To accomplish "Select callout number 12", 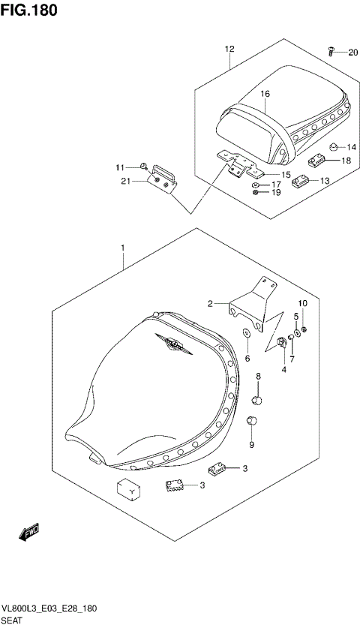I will [x=229, y=50].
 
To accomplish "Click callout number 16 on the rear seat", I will [x=265, y=95].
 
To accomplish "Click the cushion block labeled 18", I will [x=318, y=159].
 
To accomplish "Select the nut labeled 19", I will [x=256, y=193].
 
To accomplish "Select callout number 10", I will [x=304, y=304].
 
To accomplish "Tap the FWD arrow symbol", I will [x=28, y=533].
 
